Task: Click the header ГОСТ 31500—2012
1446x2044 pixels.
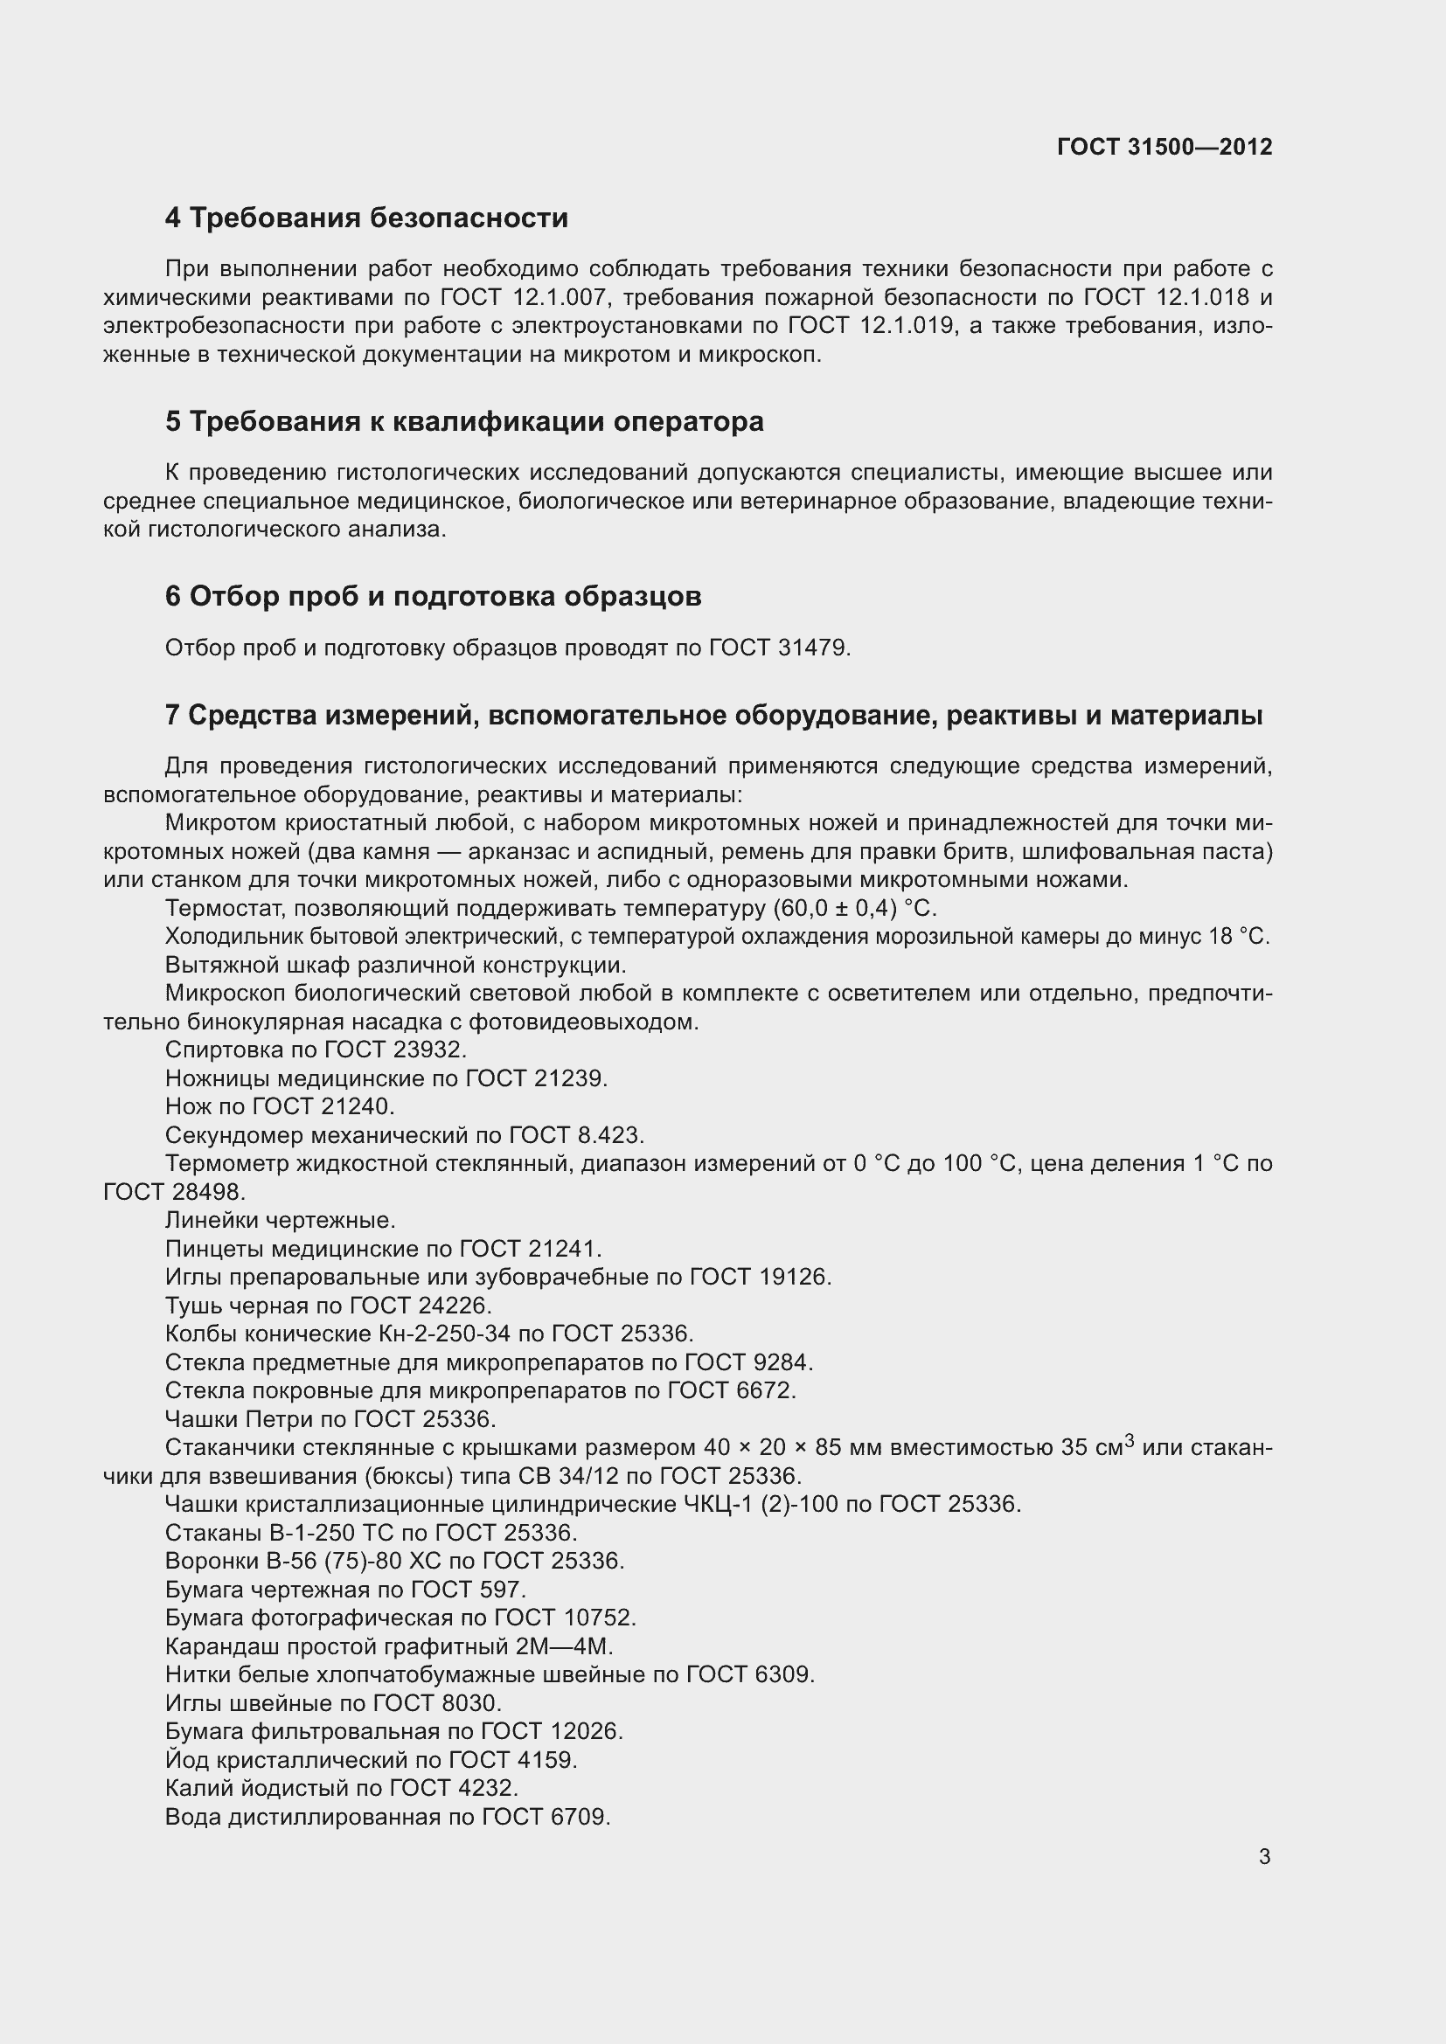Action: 1164,147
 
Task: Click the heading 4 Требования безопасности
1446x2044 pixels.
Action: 366,218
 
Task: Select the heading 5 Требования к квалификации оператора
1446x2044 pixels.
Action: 464,421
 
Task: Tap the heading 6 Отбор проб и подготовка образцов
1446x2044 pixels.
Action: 433,597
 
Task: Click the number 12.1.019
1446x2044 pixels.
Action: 907,326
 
